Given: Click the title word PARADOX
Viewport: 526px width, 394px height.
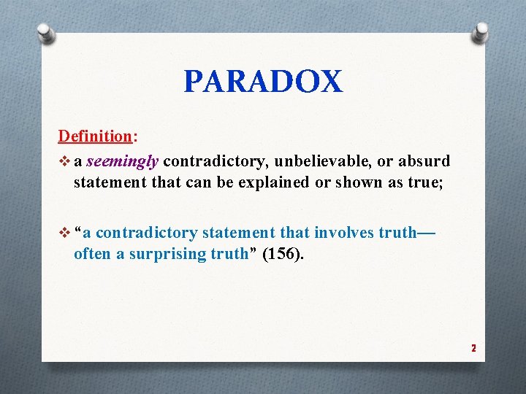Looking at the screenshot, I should tap(262, 81).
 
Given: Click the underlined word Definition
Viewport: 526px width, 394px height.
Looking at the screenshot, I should tap(94, 136).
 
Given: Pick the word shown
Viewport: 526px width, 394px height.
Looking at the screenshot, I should tap(348, 182).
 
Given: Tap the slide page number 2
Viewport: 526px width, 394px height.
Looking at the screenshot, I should tap(473, 348).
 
